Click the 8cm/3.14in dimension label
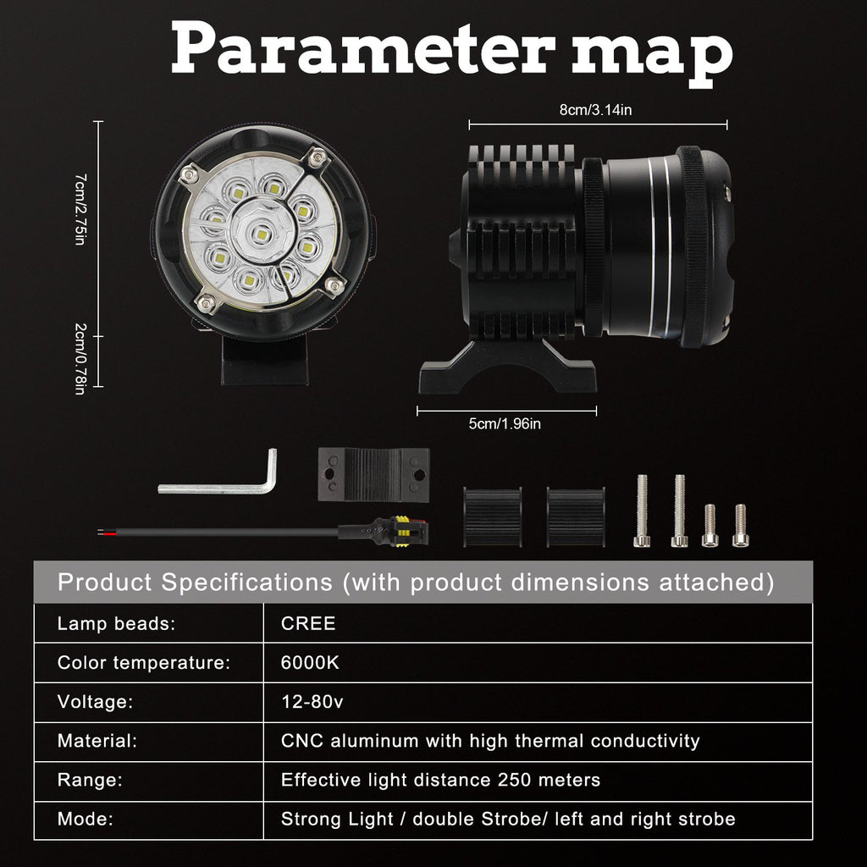click(x=596, y=110)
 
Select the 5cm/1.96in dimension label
click(x=505, y=424)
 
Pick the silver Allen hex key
click(x=220, y=483)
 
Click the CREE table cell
click(x=308, y=624)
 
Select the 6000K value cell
click(x=310, y=663)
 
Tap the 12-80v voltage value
click(x=312, y=702)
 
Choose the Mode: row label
click(x=86, y=819)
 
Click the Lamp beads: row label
click(x=116, y=624)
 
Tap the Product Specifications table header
click(x=415, y=583)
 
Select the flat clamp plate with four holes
click(x=373, y=476)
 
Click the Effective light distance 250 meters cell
click(x=440, y=780)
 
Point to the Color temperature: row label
click(x=144, y=663)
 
